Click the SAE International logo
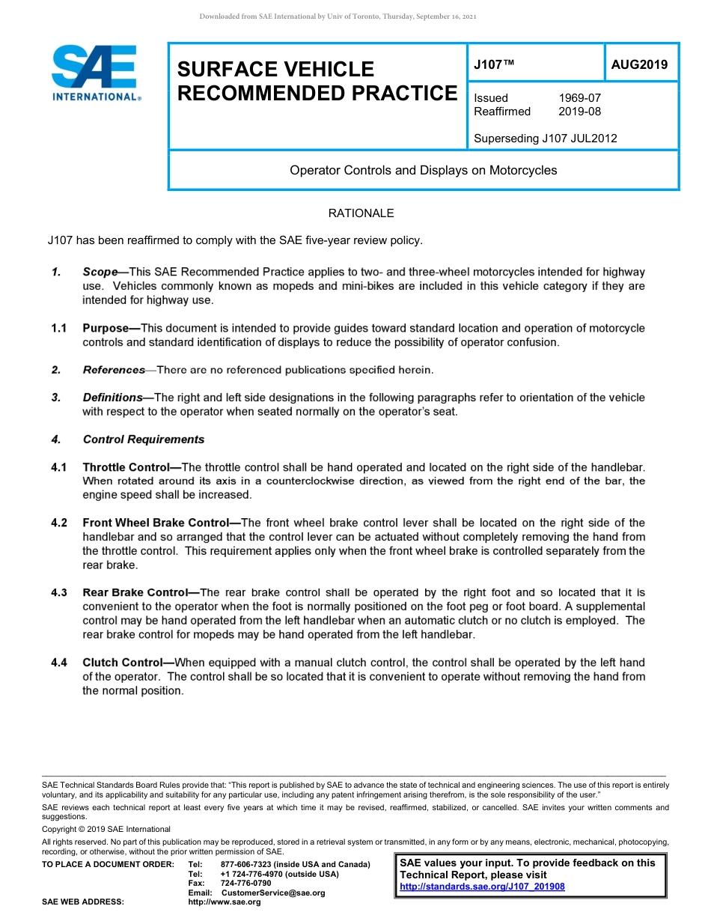click(96, 73)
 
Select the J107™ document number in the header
click(494, 65)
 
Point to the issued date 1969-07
click(579, 98)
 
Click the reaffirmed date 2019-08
click(579, 112)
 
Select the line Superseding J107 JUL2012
click(546, 139)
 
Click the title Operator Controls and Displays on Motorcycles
click(423, 170)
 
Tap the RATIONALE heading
click(361, 213)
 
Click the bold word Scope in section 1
click(100, 272)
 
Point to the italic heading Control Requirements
click(143, 440)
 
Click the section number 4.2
click(59, 523)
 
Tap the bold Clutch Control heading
click(123, 663)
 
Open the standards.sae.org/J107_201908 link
click(482, 887)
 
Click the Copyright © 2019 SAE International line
click(106, 829)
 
